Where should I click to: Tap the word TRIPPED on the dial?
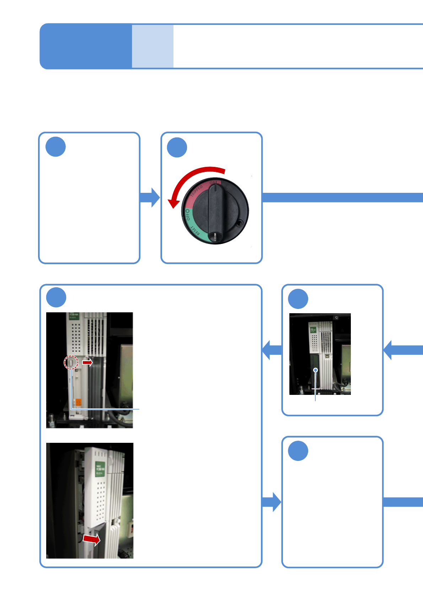click(x=197, y=191)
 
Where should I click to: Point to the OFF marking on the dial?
click(x=187, y=214)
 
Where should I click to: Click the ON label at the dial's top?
click(x=213, y=183)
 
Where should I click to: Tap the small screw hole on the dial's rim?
click(x=240, y=223)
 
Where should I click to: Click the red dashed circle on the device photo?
click(x=71, y=363)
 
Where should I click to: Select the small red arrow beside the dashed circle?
click(x=87, y=362)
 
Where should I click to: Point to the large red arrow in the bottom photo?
click(x=92, y=539)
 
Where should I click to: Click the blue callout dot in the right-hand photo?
click(x=315, y=370)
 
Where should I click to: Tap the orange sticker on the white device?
click(x=78, y=402)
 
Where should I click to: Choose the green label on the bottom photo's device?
click(x=99, y=469)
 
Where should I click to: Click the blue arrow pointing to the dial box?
click(x=150, y=197)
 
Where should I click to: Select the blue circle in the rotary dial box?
click(x=177, y=147)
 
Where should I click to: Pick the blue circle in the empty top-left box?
click(x=56, y=147)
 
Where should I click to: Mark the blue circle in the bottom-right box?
click(x=298, y=451)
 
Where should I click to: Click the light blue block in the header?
click(x=152, y=46)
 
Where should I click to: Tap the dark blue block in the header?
click(x=86, y=46)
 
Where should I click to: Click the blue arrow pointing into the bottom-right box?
click(x=272, y=502)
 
